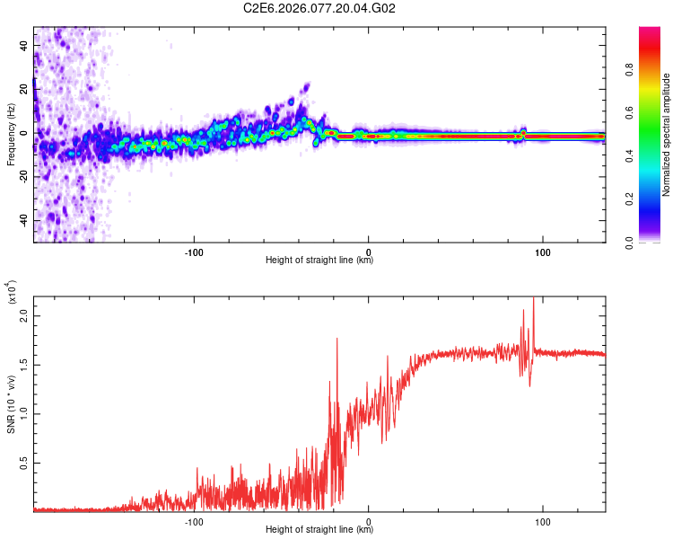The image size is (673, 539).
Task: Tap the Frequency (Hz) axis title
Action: pos(10,135)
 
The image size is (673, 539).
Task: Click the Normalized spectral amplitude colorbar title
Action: pos(668,135)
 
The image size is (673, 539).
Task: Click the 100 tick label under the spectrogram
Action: pos(543,251)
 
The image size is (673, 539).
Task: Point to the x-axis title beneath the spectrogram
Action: pos(319,261)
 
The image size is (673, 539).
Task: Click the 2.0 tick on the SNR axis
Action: pos(24,316)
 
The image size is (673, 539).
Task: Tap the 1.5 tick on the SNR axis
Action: pos(24,366)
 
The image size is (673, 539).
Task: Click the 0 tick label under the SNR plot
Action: pos(369,520)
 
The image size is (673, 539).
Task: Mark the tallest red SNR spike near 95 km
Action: pos(534,299)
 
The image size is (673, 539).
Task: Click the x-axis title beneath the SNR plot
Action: pos(319,530)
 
